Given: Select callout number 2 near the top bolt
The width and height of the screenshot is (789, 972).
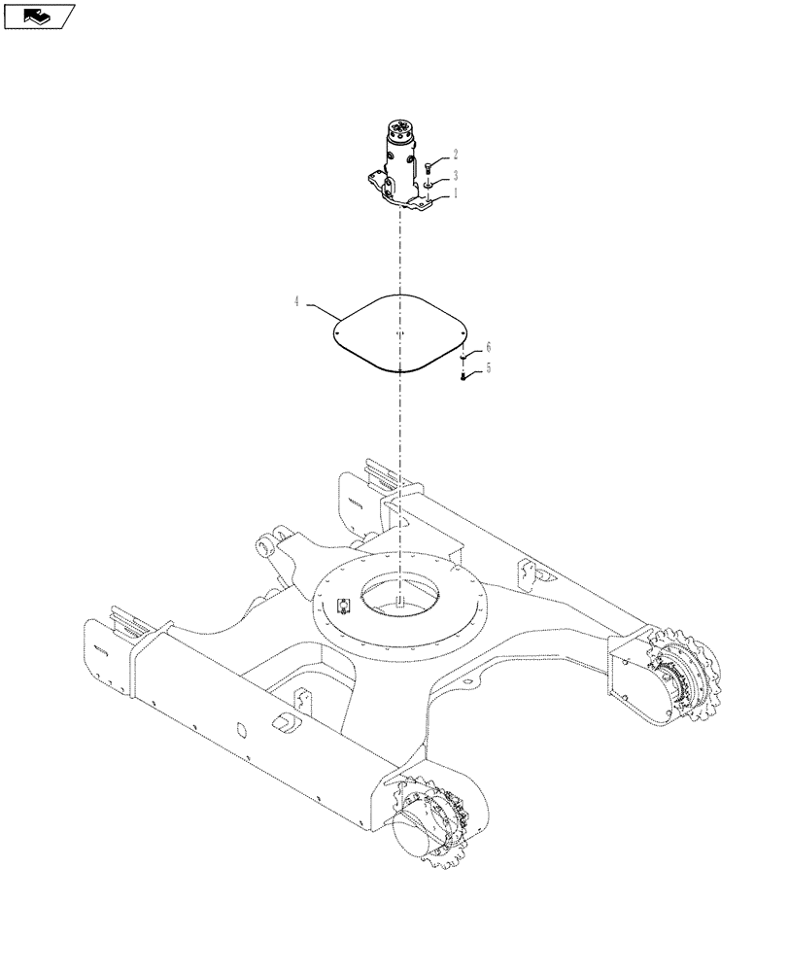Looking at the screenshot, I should point(456,154).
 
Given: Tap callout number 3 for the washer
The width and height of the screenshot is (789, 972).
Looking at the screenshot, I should point(456,174).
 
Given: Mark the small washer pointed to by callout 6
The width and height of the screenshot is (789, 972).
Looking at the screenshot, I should point(464,358).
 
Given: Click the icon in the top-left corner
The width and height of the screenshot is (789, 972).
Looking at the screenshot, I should point(39,16).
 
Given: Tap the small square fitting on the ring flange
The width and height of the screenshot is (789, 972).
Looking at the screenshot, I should point(343,607).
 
